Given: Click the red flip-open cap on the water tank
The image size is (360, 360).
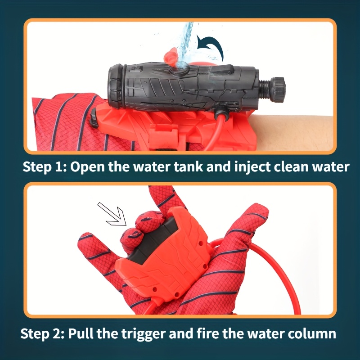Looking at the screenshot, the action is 171,56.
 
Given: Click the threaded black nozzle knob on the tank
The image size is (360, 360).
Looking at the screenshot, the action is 276,89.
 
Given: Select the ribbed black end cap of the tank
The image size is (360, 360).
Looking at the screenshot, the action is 117,86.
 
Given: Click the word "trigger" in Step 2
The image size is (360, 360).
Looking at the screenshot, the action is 144,334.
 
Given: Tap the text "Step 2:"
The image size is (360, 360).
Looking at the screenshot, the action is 42,334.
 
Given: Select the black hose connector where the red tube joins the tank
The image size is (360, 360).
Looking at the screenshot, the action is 221,110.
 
